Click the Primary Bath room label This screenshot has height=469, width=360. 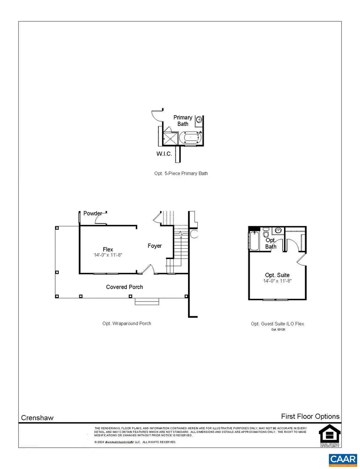183,120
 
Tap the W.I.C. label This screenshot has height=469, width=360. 164,154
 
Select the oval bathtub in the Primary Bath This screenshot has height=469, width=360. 190,139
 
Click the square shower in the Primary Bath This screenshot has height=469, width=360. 170,139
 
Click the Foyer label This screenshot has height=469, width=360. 155,245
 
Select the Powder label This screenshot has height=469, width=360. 92,214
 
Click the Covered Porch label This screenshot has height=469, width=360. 124,287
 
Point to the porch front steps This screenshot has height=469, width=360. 147,301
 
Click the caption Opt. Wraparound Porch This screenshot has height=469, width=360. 127,323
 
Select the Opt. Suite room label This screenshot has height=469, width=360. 277,275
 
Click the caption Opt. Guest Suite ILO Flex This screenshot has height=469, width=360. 277,324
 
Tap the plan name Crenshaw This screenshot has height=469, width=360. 37,418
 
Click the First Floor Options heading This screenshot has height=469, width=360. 310,416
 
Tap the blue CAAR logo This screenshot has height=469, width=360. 343,460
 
